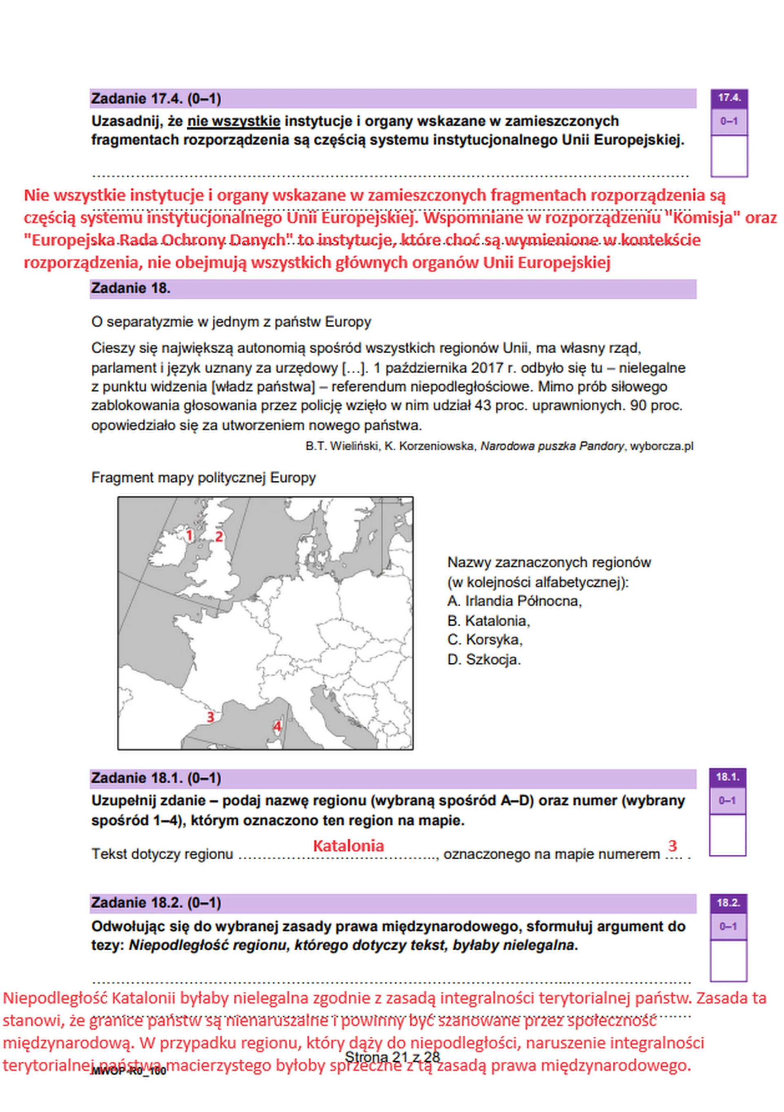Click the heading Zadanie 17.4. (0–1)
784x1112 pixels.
[156, 99]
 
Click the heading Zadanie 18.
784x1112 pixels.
[130, 288]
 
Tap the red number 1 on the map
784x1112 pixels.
[189, 536]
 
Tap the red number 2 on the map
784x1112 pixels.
[219, 537]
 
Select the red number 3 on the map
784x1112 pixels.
[210, 717]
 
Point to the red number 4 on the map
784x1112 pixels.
[277, 726]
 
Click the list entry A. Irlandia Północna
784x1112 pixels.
[514, 601]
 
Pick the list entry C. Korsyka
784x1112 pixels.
[484, 640]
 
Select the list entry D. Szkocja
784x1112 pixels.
[483, 660]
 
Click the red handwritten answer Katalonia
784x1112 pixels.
[348, 846]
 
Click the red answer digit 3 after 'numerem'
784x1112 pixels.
[672, 846]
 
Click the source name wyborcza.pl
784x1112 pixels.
[661, 446]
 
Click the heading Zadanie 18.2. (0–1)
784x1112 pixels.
[156, 903]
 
